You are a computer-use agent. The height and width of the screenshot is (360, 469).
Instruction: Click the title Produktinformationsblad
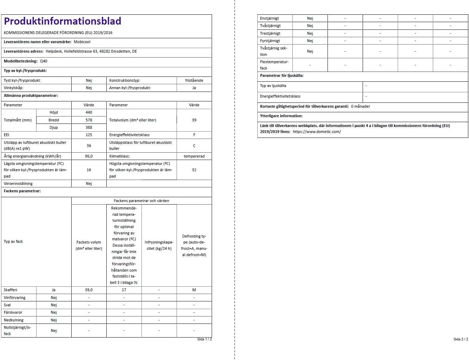click(62, 21)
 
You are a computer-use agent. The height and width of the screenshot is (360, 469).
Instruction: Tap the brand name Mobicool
click(82, 42)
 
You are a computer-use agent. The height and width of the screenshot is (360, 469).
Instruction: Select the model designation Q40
click(44, 61)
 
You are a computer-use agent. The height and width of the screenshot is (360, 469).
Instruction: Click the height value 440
click(89, 112)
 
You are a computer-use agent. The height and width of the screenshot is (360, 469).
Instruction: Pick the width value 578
click(89, 120)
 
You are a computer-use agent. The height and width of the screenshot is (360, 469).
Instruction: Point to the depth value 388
click(89, 127)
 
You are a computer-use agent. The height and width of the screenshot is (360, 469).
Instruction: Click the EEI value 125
click(89, 135)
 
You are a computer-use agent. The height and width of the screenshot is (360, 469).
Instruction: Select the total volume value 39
click(194, 120)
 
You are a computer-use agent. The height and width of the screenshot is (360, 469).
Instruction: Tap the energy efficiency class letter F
click(194, 135)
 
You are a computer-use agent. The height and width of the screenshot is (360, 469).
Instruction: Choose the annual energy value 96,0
click(89, 156)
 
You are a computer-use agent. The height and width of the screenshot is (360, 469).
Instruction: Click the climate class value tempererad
click(194, 156)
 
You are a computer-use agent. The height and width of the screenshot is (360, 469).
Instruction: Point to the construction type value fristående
click(194, 80)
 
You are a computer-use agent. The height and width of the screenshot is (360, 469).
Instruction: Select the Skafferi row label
click(11, 290)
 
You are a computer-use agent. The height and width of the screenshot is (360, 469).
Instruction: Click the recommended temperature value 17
click(124, 290)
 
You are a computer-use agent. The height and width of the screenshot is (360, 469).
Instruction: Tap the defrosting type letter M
click(194, 290)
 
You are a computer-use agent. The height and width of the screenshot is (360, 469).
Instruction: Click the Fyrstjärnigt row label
click(270, 41)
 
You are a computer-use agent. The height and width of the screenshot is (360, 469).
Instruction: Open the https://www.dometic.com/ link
click(317, 132)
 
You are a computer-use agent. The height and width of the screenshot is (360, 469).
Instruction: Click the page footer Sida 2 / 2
click(461, 339)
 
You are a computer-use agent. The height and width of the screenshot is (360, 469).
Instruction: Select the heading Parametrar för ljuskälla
click(282, 75)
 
